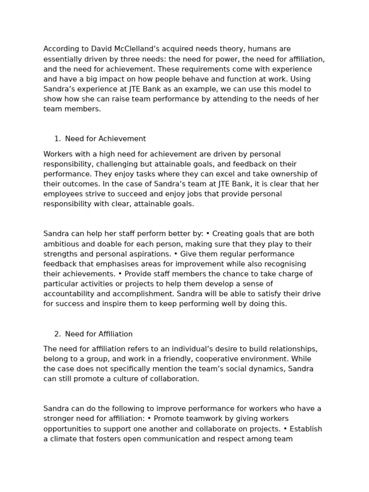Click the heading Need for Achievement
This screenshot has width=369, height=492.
pos(105,139)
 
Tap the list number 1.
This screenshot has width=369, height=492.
pos(57,139)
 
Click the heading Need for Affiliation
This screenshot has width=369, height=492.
pos(98,334)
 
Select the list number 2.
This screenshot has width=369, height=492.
pos(57,334)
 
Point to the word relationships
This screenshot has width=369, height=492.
pos(294,349)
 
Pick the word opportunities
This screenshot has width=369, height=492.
pos(68,429)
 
